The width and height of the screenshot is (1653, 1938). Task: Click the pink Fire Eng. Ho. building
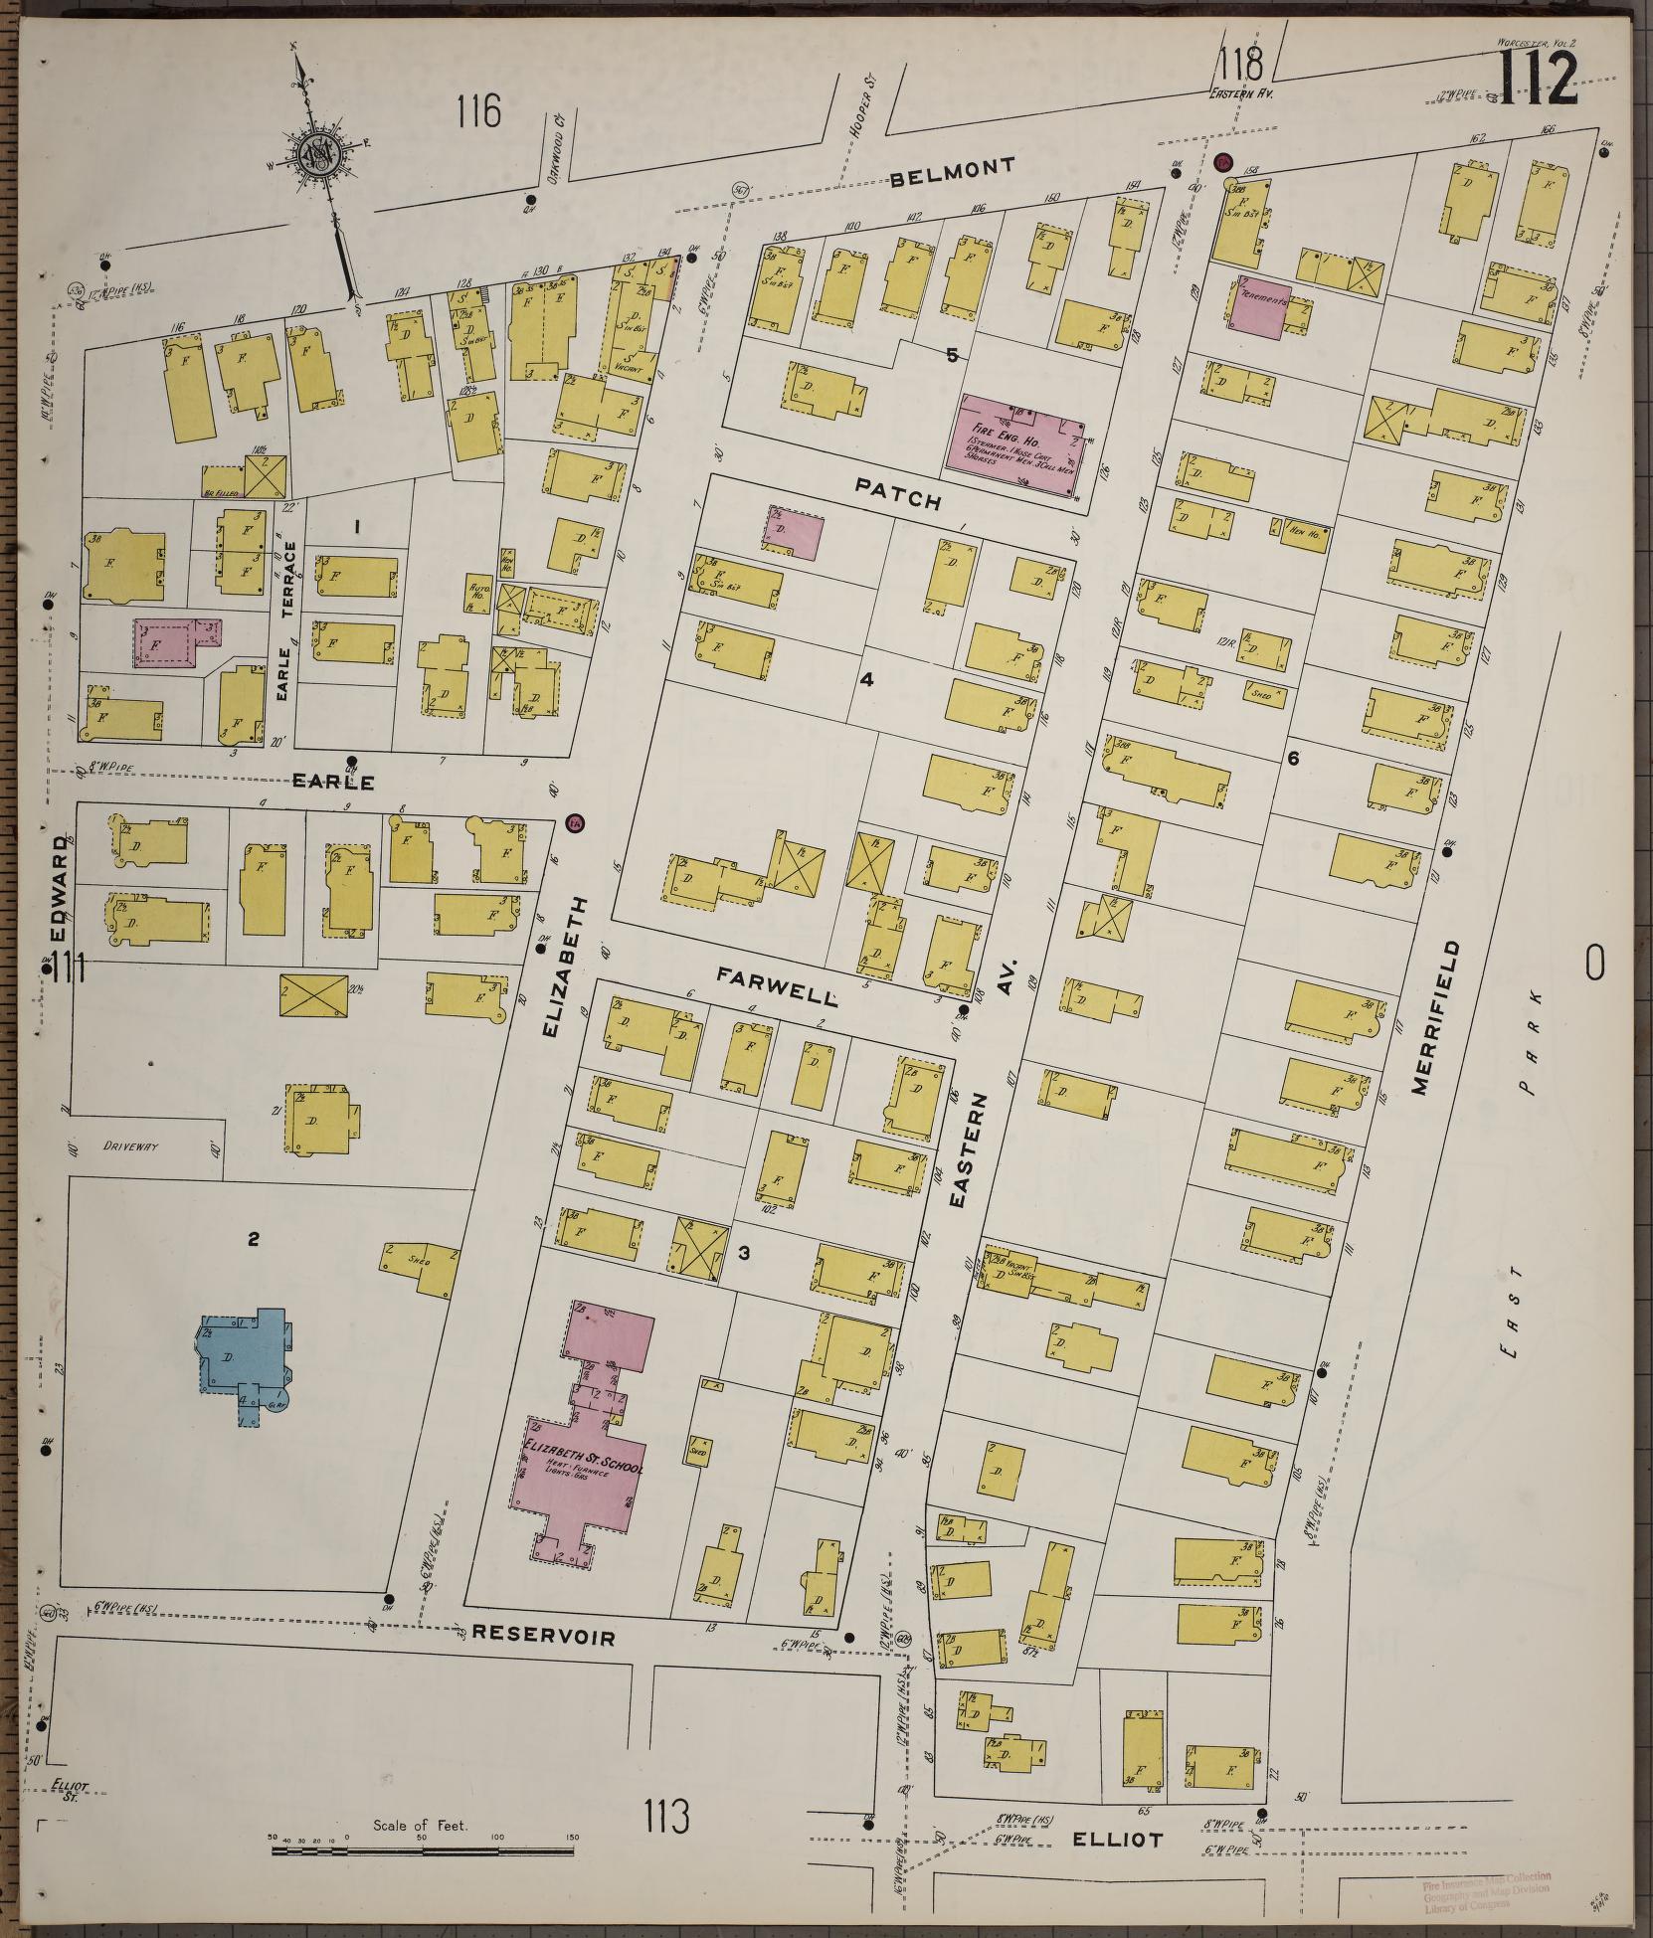(1020, 439)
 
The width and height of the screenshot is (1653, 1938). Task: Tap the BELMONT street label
(954, 172)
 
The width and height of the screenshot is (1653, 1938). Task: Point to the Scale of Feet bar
(423, 1850)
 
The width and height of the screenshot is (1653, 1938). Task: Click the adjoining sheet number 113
(665, 1817)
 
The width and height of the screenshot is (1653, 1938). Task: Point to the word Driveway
(130, 1145)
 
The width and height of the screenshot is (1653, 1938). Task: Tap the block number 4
(866, 679)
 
